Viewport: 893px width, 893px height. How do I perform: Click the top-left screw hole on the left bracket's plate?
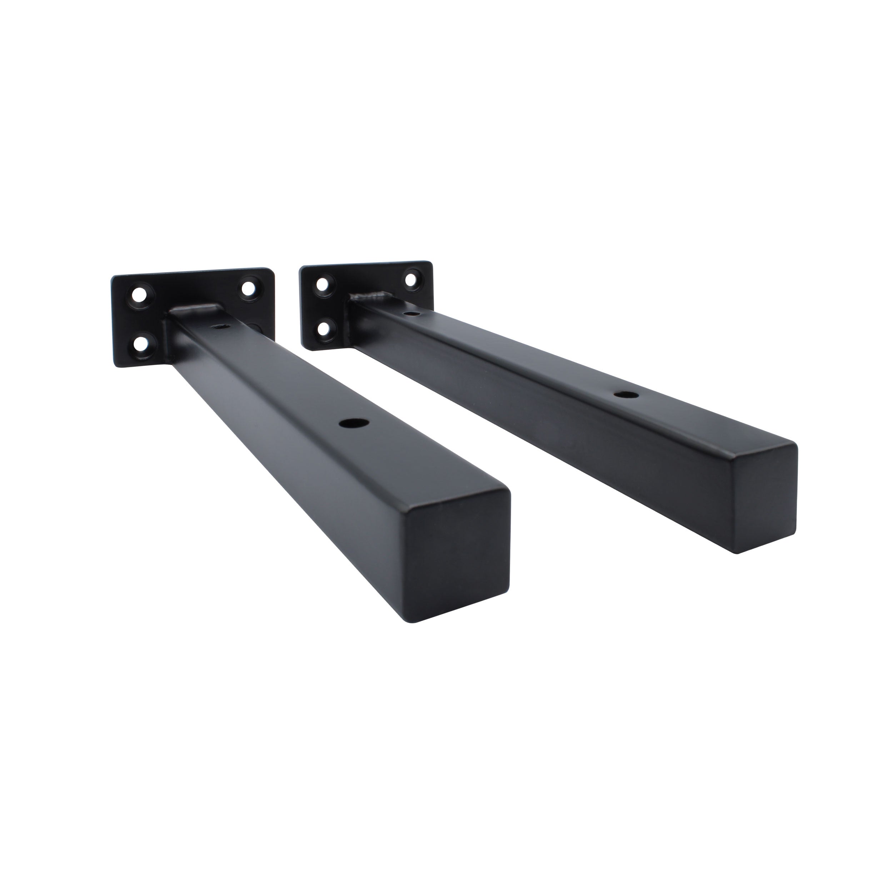click(138, 294)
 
